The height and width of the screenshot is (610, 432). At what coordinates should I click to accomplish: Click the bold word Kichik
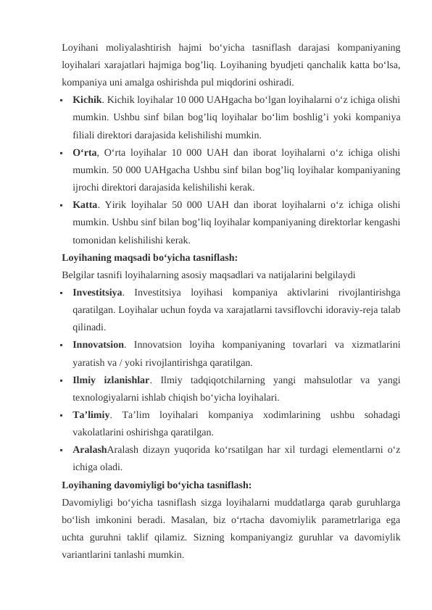tap(86, 99)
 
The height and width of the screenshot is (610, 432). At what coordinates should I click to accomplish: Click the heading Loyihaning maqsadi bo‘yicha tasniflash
tap(149, 256)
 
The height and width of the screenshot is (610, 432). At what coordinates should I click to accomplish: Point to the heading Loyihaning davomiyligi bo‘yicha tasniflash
tap(157, 483)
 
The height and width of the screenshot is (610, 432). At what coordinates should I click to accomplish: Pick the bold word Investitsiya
tap(97, 292)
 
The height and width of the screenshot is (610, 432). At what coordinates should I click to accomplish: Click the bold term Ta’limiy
tap(91, 414)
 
